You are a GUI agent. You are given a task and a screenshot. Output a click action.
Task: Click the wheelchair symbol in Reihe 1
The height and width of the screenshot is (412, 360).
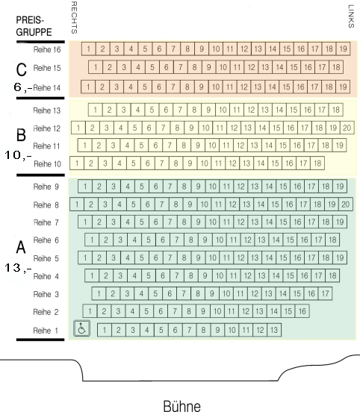tap(81, 328)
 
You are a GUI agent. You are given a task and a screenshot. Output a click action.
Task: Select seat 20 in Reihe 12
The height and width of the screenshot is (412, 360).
tap(347, 128)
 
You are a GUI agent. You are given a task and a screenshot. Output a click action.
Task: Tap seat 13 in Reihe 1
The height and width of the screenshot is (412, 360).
tap(274, 330)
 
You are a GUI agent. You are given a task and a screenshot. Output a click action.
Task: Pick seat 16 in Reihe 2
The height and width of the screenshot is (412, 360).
tap(302, 311)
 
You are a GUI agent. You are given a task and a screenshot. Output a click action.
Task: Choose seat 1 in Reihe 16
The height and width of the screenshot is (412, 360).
tap(89, 49)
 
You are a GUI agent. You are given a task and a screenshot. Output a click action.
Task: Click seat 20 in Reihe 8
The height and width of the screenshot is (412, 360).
tap(346, 205)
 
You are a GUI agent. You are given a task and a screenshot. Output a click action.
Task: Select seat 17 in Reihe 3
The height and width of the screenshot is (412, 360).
tap(326, 293)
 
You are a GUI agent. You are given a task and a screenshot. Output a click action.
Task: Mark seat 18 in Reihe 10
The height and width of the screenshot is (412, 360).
tap(317, 163)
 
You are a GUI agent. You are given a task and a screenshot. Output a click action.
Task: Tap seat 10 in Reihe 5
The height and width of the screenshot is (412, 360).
tap(212, 257)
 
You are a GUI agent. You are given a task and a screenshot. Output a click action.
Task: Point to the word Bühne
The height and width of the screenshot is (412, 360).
tap(182, 406)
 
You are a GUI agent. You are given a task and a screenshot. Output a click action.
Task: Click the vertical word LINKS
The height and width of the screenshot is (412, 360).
tap(351, 16)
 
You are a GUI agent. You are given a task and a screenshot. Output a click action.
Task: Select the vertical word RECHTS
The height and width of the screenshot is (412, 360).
tap(74, 18)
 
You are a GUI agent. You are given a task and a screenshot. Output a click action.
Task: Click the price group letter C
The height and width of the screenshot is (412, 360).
tap(22, 69)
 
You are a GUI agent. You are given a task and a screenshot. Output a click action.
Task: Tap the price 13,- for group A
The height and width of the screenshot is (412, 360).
tap(18, 268)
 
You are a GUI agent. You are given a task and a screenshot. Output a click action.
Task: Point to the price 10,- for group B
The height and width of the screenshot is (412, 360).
tap(18, 155)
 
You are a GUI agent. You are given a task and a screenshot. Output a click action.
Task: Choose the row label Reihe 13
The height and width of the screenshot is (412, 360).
tap(47, 110)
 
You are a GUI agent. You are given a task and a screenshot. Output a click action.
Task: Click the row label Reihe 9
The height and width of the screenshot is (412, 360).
tap(46, 187)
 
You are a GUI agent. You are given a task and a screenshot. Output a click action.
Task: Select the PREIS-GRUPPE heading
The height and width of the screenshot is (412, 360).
tap(34, 26)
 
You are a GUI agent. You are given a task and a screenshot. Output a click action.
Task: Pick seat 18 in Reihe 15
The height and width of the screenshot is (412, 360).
tap(336, 67)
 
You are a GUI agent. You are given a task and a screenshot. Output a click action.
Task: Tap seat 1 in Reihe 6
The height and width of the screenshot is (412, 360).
tap(92, 240)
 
